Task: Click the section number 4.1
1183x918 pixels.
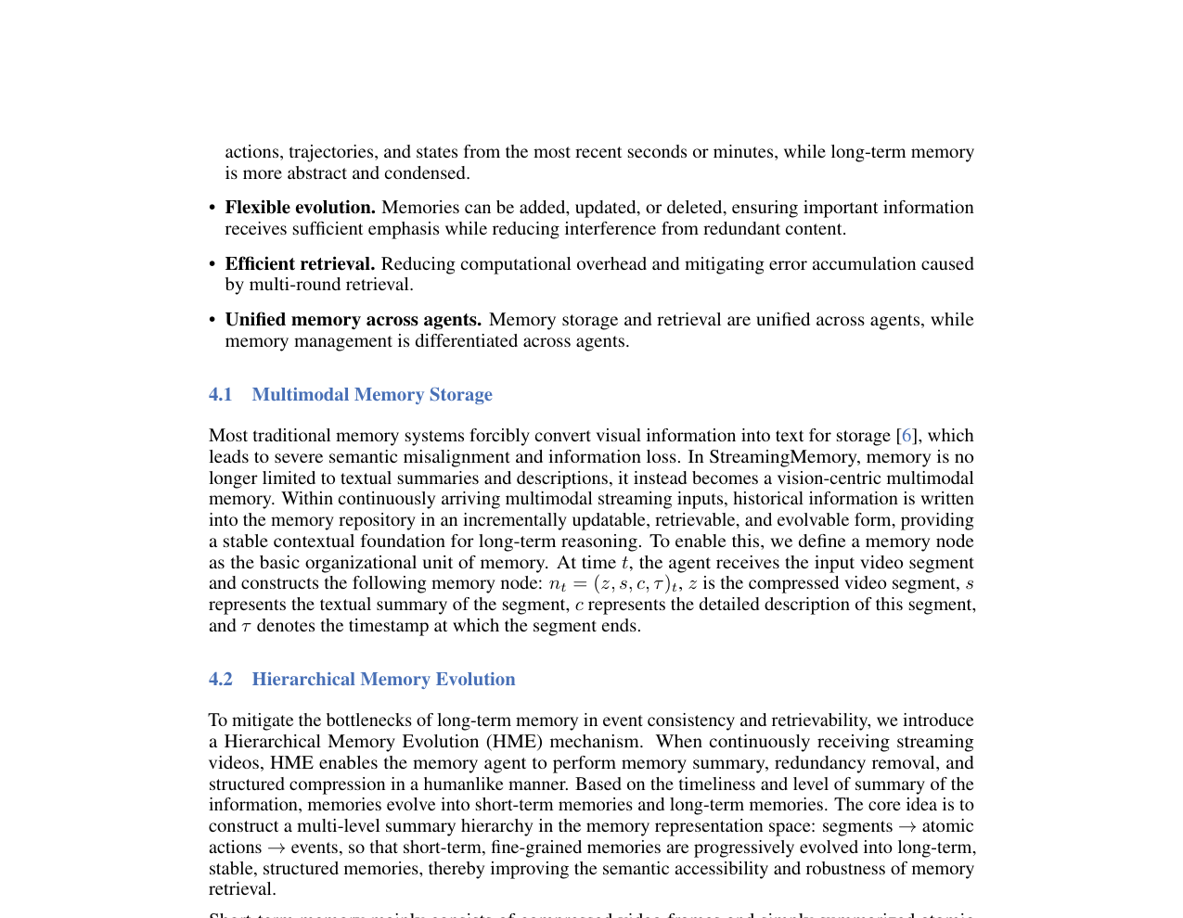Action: pos(220,395)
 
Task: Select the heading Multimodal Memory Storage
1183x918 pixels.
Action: pos(371,395)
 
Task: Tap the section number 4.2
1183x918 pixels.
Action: pos(220,680)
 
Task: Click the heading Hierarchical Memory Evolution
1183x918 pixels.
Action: pos(383,680)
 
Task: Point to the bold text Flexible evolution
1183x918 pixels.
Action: pos(300,208)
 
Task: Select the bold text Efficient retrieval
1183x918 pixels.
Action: pos(300,264)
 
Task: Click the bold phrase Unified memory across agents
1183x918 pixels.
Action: pos(353,320)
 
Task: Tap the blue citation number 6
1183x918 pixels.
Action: pos(907,436)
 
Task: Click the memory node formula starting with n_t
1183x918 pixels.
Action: pos(613,584)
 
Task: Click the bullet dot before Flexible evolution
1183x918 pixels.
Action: pos(212,209)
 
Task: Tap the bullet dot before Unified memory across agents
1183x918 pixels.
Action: pos(212,321)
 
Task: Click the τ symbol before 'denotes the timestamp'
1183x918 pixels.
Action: pos(246,627)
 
